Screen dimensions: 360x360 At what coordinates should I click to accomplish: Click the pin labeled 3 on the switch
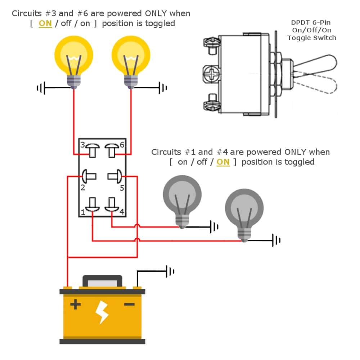[93, 150]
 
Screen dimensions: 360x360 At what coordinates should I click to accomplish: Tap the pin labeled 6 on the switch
[111, 150]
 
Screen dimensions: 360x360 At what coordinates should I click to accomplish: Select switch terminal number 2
[89, 176]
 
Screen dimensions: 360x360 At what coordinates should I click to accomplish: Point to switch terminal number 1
[93, 205]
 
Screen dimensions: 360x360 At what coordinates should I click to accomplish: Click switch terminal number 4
[111, 205]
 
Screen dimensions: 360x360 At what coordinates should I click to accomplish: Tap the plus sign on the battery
[75, 305]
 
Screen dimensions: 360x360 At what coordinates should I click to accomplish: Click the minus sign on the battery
[129, 305]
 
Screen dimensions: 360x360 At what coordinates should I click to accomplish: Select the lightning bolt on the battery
[102, 312]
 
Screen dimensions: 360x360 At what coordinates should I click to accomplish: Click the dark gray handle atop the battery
[102, 280]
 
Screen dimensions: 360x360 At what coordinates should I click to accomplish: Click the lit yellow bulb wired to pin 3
[74, 59]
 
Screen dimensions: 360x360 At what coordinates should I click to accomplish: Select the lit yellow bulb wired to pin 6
[131, 59]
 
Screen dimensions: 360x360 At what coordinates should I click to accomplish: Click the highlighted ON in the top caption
[45, 24]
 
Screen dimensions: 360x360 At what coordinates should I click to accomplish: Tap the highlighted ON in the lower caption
[223, 162]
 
